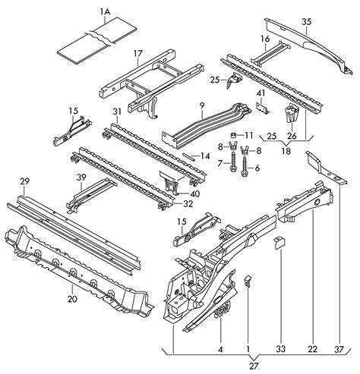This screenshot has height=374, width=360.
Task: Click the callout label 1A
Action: [x=104, y=11]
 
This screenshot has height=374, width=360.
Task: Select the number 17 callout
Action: [x=137, y=53]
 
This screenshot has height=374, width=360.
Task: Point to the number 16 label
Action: [x=265, y=38]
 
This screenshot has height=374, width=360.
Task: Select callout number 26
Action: [x=292, y=136]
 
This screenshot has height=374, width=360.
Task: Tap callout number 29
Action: [x=25, y=181]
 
